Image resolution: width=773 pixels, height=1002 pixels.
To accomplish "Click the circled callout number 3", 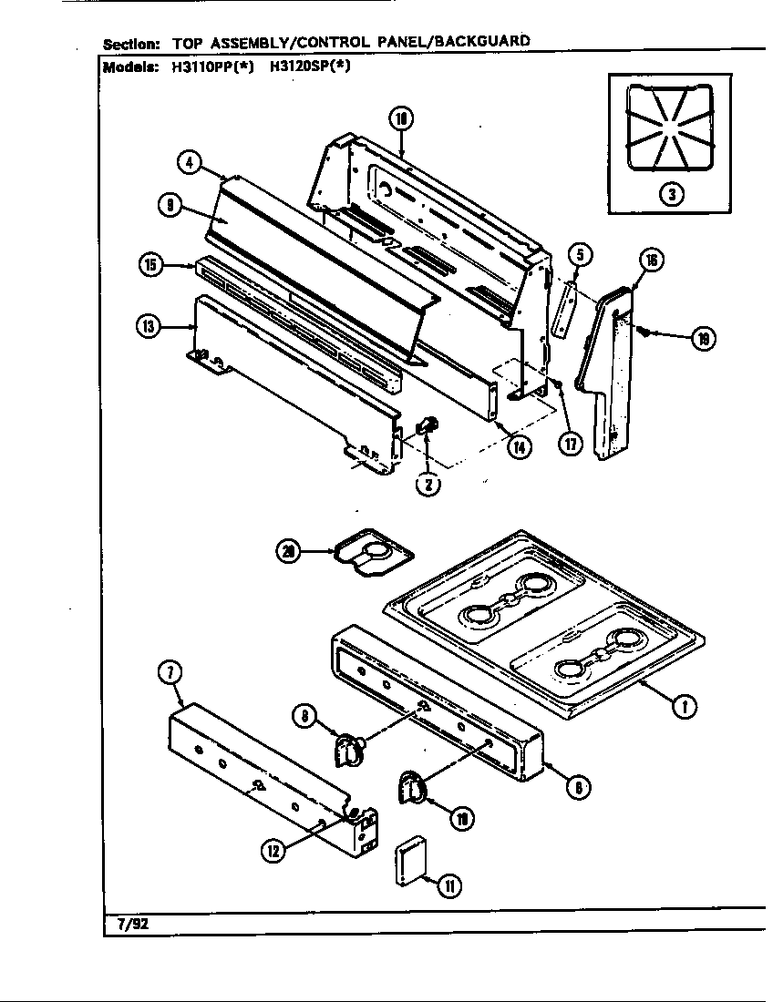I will tap(671, 194).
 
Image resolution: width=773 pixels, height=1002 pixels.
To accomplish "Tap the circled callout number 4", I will tap(188, 163).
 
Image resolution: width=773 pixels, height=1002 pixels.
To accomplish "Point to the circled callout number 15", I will tap(150, 265).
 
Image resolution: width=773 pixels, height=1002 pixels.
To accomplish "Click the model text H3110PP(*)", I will tap(207, 66).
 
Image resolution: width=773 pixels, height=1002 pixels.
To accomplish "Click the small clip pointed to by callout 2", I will tap(427, 425).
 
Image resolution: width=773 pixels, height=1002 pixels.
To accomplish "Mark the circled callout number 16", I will tap(652, 261).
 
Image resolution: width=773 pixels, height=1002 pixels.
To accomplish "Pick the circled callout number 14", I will tap(520, 447).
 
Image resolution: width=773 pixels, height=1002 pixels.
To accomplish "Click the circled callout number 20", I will tap(291, 550).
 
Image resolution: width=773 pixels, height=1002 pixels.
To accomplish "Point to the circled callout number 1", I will tap(679, 706).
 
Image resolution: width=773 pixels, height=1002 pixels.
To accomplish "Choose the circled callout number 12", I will tap(273, 852).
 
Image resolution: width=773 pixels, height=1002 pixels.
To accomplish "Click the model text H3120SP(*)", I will tap(311, 66).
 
